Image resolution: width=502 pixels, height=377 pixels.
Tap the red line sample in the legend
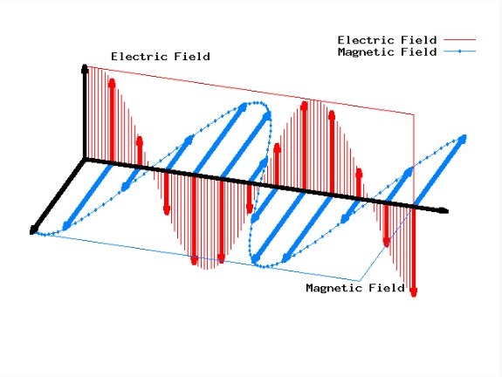pos(460,39)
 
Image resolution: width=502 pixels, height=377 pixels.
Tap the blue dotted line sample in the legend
pos(460,51)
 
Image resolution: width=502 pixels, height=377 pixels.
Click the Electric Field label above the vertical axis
pos(161,57)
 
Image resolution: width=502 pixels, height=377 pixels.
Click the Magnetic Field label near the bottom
pos(355,288)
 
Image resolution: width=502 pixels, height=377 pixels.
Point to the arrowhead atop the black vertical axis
pos(85,68)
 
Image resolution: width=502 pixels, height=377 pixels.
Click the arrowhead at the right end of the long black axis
pos(444,210)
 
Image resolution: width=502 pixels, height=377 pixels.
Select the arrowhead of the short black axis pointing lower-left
pos(33,230)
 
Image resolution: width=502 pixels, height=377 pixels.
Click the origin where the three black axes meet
pos(85,159)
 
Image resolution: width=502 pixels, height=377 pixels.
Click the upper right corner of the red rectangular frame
pos(415,114)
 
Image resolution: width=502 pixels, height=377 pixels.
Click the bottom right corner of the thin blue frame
pos(360,281)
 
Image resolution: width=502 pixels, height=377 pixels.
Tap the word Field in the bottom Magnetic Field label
pos(387,288)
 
